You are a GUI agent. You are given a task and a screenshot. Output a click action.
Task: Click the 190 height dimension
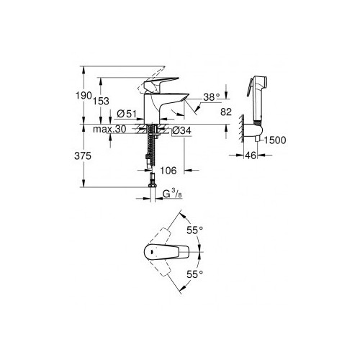pyautogui.click(x=84, y=96)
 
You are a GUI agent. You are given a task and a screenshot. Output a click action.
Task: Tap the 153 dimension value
pyautogui.click(x=101, y=101)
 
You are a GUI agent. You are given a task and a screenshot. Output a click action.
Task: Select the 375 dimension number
pyautogui.click(x=83, y=156)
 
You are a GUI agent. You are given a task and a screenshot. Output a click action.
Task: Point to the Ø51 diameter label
pyautogui.click(x=127, y=114)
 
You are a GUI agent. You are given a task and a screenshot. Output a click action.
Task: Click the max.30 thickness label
pyautogui.click(x=109, y=129)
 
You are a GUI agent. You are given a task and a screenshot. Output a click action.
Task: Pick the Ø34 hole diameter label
pyautogui.click(x=182, y=130)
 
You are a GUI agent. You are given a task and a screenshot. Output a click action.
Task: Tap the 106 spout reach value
pyautogui.click(x=168, y=171)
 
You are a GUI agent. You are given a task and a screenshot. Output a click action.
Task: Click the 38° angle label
pyautogui.click(x=212, y=97)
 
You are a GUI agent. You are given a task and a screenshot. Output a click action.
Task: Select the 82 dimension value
pyautogui.click(x=226, y=112)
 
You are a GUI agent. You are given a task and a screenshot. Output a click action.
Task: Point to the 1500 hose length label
pyautogui.click(x=275, y=140)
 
